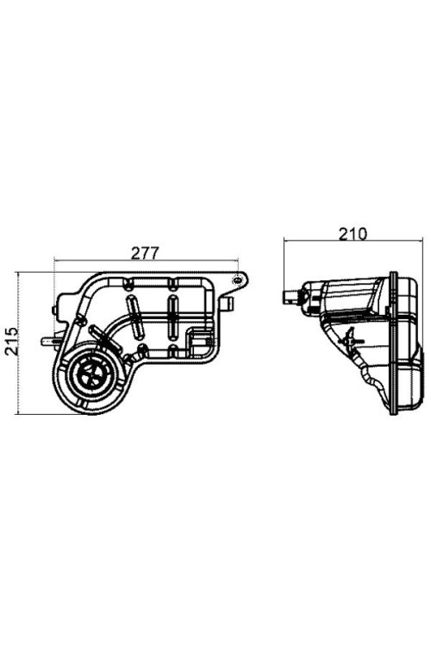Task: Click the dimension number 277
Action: click(145, 253)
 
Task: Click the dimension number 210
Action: click(353, 234)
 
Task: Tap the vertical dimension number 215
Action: click(11, 341)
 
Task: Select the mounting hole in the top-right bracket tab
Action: click(238, 280)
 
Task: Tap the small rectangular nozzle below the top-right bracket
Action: click(228, 304)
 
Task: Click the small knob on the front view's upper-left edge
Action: click(54, 310)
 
